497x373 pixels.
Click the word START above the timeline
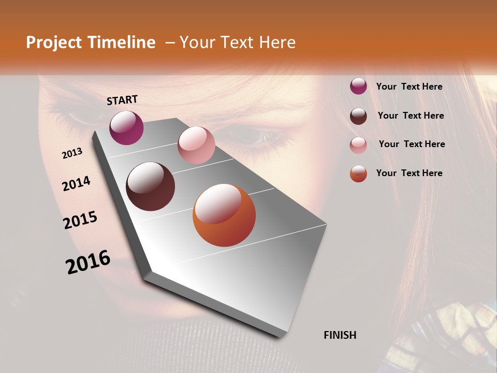coord(122,100)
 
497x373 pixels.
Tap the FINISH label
coord(340,335)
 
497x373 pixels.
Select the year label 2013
coord(72,153)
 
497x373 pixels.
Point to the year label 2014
coord(76,183)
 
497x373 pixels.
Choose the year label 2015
coord(80,220)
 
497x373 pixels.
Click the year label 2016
coord(88,262)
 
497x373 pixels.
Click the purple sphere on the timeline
coord(126,127)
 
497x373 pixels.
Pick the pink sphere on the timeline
coord(196,145)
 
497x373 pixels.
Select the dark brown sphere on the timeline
coord(150,187)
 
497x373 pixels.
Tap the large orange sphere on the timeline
coord(224,215)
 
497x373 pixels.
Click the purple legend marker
coord(358,87)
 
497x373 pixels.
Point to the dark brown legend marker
coord(358,116)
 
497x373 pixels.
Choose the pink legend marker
coord(358,145)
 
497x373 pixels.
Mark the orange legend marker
coord(358,174)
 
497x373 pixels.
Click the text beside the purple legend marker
coord(409,87)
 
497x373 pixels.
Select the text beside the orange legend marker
coord(409,173)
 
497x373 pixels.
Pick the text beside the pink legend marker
coord(412,144)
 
